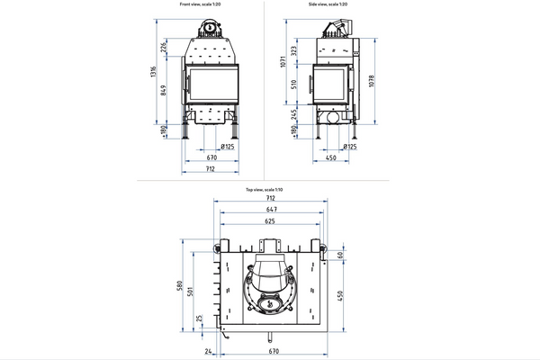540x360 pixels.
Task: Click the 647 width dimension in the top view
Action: pyautogui.click(x=265, y=210)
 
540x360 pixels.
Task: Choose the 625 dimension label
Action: pyautogui.click(x=265, y=220)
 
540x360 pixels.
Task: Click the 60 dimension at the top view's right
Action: pyautogui.click(x=341, y=255)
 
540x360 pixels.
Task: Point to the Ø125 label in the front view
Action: pyautogui.click(x=229, y=146)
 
